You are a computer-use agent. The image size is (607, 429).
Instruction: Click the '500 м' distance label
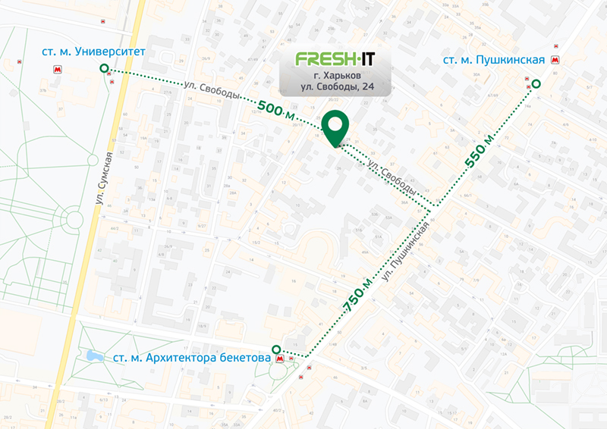pos(277,110)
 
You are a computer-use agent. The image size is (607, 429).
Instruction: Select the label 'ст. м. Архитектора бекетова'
pos(192,357)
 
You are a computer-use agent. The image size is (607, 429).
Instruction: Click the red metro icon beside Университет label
pos(57,69)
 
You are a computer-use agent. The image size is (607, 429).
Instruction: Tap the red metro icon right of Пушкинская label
pos(556,60)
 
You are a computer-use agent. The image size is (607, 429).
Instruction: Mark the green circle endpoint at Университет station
pos(104,69)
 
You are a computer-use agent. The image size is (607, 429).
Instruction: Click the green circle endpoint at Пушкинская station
pos(536,84)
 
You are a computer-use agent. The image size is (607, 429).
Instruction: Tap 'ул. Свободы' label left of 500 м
pos(212,91)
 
